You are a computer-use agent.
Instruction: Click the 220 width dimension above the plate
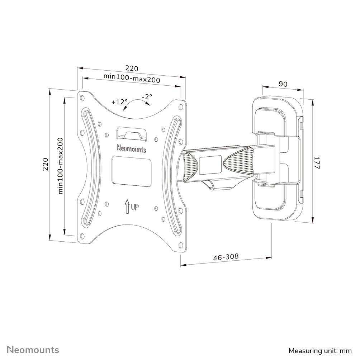131,68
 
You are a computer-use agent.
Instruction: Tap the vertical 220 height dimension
46,164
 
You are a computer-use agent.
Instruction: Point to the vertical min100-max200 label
60,166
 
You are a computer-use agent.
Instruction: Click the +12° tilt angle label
119,102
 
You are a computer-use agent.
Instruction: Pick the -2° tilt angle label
147,96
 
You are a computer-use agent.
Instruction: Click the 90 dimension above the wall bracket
283,84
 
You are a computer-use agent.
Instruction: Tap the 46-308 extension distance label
226,257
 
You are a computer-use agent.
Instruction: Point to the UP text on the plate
135,207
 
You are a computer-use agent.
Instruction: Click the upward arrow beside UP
127,207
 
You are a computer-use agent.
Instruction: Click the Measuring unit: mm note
320,350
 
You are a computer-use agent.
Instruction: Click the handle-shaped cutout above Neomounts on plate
132,133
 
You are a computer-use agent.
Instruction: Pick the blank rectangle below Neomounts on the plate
132,170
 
